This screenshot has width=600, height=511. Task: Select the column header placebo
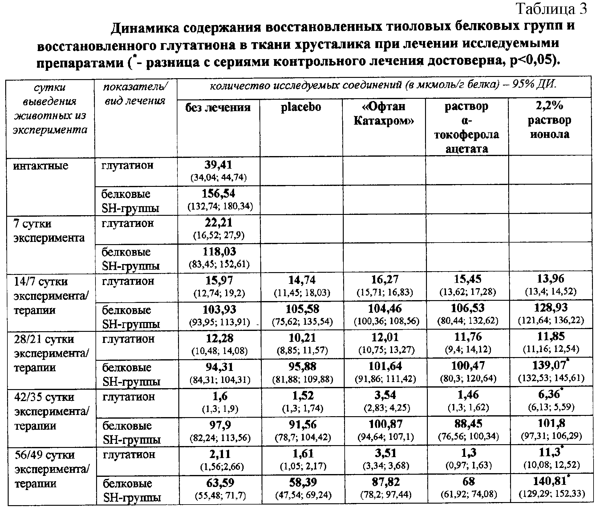(x=301, y=107)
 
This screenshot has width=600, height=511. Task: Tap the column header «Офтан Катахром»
(x=384, y=114)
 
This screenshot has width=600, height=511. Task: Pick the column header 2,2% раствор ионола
(x=549, y=121)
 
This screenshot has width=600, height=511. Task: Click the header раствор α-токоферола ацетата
(x=466, y=127)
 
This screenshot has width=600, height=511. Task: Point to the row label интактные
(x=40, y=166)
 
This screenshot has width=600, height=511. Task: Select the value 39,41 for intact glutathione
(x=218, y=165)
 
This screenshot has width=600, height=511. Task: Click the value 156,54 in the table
(x=218, y=194)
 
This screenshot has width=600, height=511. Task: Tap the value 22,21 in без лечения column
(x=218, y=223)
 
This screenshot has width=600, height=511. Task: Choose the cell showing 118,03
(x=219, y=252)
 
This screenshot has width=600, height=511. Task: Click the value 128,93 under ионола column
(x=551, y=308)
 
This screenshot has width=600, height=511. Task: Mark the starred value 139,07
(x=550, y=365)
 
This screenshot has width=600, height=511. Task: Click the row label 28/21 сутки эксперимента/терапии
(x=51, y=353)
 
